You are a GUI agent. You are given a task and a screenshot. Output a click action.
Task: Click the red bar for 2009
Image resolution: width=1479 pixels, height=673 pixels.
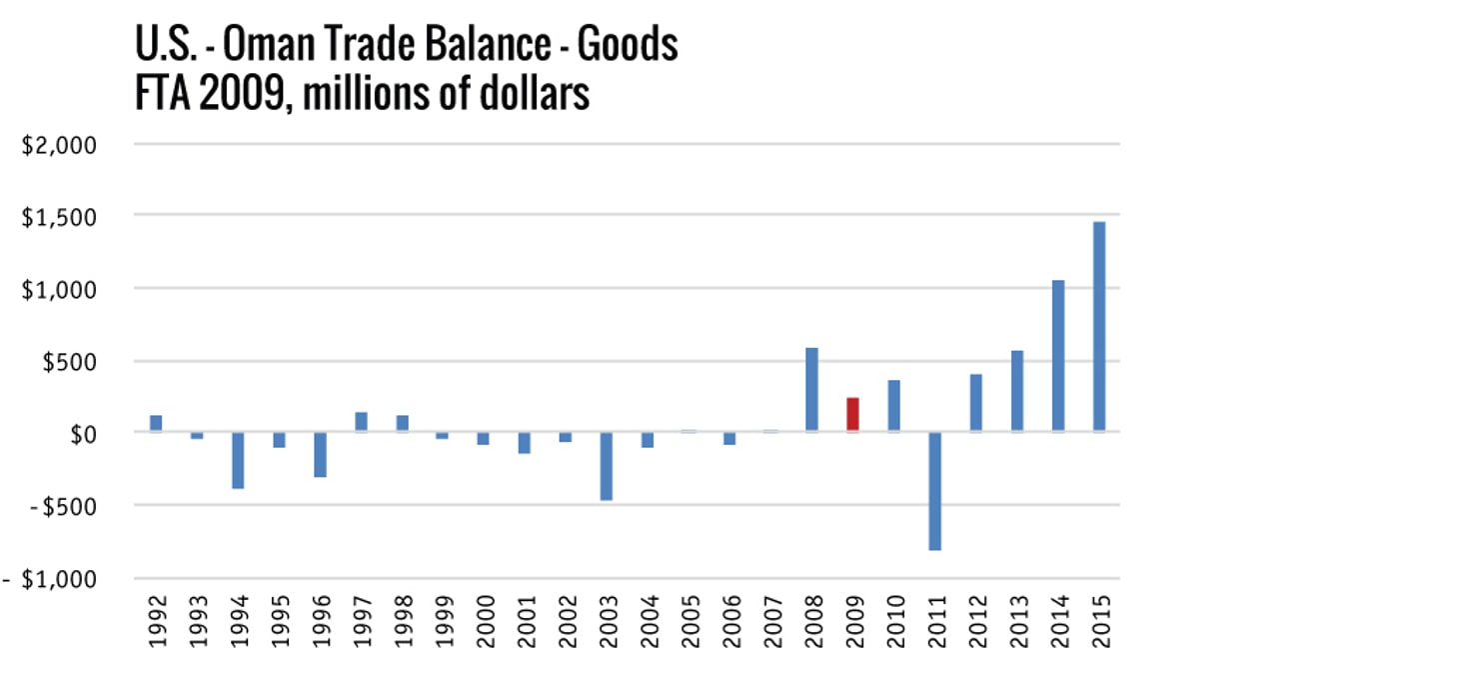tap(852, 415)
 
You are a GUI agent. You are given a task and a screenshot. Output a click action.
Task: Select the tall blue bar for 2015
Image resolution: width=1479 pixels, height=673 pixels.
tap(1099, 327)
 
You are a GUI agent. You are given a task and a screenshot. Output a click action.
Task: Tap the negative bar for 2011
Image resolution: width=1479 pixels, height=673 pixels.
tap(934, 491)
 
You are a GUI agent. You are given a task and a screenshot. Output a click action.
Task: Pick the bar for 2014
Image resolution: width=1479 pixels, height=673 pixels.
tap(1058, 356)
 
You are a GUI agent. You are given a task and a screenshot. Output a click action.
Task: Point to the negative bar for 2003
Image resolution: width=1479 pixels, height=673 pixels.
tap(606, 466)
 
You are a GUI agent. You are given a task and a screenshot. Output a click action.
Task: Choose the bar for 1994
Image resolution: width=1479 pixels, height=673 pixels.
tap(238, 460)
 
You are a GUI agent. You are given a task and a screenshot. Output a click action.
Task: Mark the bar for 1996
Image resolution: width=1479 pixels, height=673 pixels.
tap(320, 454)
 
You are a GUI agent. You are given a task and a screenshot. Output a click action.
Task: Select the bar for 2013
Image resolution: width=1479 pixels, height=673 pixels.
tap(1017, 391)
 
